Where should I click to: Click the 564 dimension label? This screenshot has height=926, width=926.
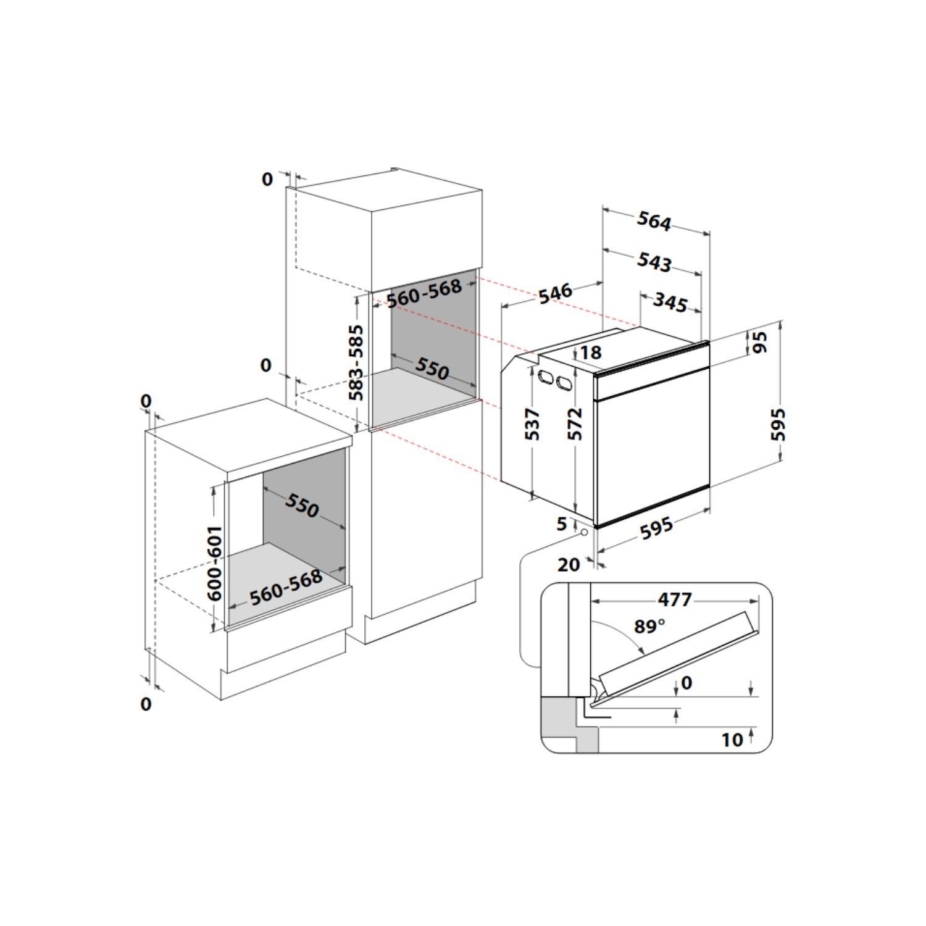pos(654,222)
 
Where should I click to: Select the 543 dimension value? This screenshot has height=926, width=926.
pos(654,262)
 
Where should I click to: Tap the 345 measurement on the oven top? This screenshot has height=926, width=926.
pos(670,303)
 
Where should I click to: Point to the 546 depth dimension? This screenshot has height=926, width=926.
pos(556,293)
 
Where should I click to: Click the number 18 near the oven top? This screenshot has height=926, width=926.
pos(591,352)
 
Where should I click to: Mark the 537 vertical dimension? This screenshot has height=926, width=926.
pos(533,424)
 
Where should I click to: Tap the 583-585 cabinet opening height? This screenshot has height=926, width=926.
pos(357,362)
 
